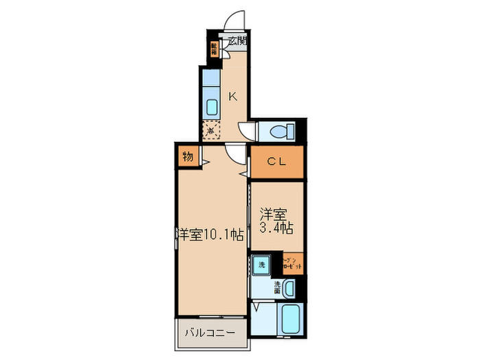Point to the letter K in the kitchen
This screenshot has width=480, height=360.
(232, 96)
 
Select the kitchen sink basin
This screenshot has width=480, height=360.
(212, 107)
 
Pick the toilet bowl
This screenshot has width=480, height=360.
(280, 130)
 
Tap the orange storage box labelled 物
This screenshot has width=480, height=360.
(187, 157)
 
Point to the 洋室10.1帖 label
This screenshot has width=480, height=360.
(211, 235)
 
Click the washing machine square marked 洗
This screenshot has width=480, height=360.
(261, 263)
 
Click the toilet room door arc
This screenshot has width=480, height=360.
(245, 130)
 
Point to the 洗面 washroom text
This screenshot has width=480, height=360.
(278, 286)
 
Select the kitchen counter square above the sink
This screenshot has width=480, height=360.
(211, 86)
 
